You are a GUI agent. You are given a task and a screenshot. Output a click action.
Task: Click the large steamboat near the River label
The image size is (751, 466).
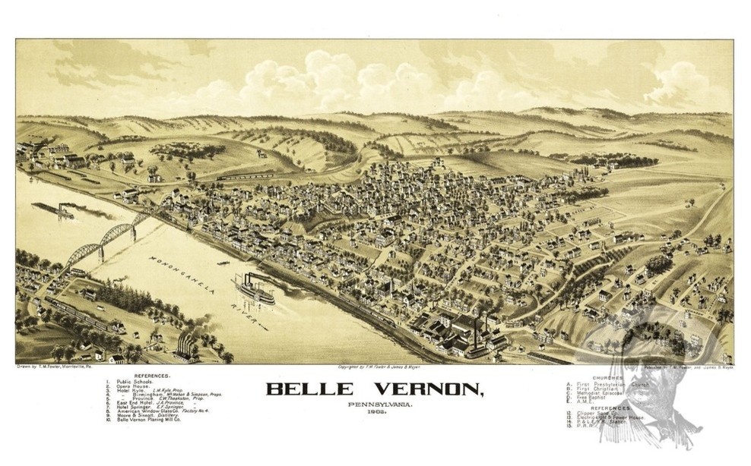point(255,290)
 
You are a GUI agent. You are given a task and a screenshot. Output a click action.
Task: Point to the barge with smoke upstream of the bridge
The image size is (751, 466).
point(55,209)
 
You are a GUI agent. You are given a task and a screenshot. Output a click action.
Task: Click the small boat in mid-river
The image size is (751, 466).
point(223,263)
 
